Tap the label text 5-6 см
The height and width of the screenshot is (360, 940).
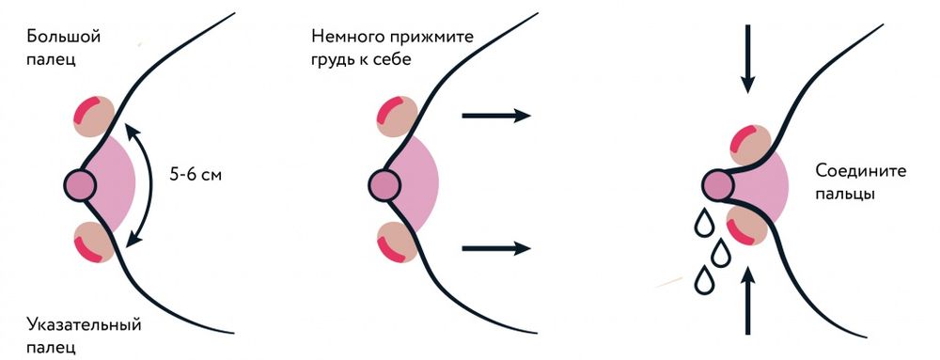(196, 175)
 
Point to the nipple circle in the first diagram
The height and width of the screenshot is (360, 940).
(81, 181)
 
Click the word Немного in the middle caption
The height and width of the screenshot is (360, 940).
(348, 38)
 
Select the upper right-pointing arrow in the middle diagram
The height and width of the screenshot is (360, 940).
(495, 116)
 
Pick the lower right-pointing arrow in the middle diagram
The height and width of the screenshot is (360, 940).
(495, 248)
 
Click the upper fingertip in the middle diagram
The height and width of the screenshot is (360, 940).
(396, 115)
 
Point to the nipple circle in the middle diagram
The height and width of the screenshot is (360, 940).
(384, 181)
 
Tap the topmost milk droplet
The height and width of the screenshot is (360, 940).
(701, 223)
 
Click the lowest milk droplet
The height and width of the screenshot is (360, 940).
(703, 279)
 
